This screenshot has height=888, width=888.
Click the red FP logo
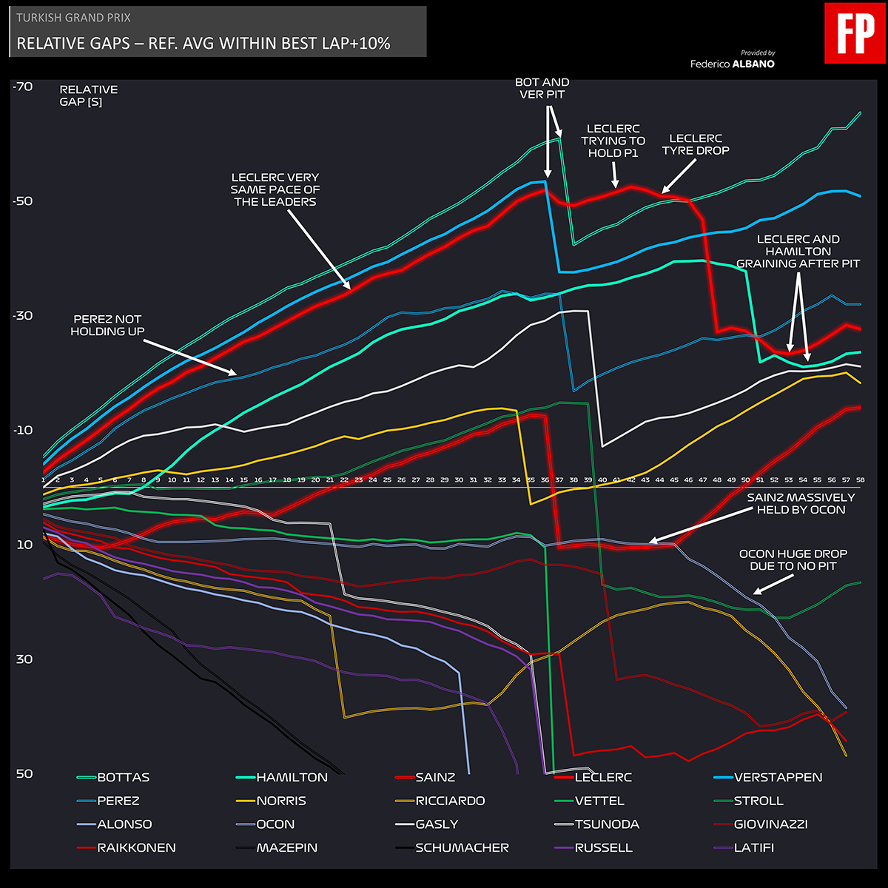pyautogui.click(x=855, y=33)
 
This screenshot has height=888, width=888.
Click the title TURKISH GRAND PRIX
pyautogui.click(x=73, y=18)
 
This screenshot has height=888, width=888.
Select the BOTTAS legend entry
pyautogui.click(x=123, y=778)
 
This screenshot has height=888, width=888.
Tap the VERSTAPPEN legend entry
pyautogui.click(x=778, y=778)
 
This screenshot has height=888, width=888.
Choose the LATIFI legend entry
pyautogui.click(x=753, y=848)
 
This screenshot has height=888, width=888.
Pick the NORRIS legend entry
pyautogui.click(x=281, y=801)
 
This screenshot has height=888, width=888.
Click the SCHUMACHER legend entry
pyautogui.click(x=462, y=848)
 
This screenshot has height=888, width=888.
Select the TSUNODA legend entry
pyautogui.click(x=607, y=824)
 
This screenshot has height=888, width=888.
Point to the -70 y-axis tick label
pyautogui.click(x=23, y=87)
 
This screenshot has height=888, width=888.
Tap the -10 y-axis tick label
pyautogui.click(x=23, y=431)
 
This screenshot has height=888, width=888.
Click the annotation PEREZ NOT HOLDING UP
pyautogui.click(x=107, y=326)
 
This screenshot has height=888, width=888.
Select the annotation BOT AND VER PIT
pyautogui.click(x=542, y=88)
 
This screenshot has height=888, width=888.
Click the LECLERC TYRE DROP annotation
pyautogui.click(x=696, y=144)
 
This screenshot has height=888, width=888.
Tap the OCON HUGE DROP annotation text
pyautogui.click(x=793, y=559)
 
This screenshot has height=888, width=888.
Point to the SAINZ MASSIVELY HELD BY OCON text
pyautogui.click(x=801, y=504)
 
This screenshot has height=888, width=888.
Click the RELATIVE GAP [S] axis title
pyautogui.click(x=88, y=95)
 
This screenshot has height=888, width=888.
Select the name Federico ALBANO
pyautogui.click(x=733, y=64)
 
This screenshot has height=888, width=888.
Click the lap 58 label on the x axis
pyautogui.click(x=860, y=480)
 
